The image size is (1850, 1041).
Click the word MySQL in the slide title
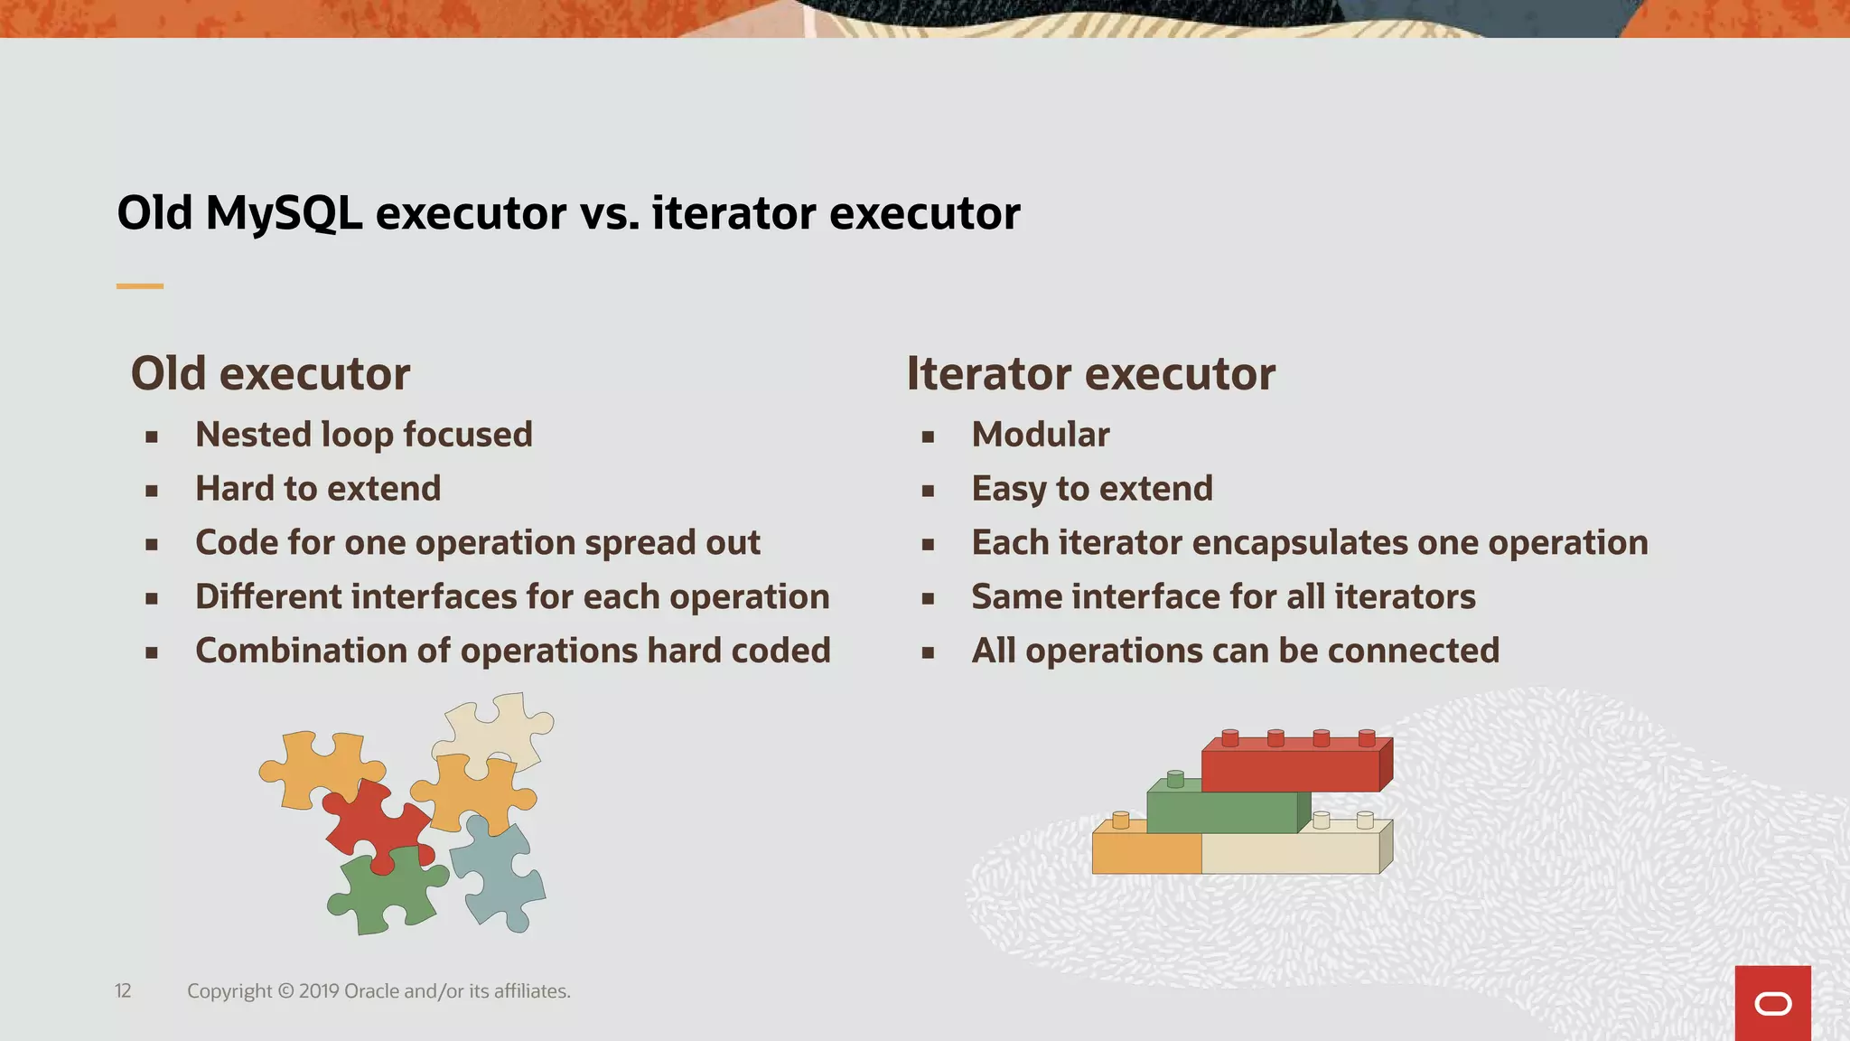(284, 214)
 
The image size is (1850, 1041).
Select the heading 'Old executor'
(270, 374)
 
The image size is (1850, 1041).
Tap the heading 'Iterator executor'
(1090, 374)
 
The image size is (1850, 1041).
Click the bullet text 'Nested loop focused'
(363, 435)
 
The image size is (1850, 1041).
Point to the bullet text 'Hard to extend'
(318, 489)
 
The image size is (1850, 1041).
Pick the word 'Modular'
(1040, 435)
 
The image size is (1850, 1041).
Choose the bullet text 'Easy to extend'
(1091, 489)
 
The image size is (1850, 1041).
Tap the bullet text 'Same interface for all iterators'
(1223, 597)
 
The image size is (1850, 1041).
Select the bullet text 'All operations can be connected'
(1235, 651)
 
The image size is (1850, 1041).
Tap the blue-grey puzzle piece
(499, 872)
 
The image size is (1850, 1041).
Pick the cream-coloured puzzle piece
(495, 727)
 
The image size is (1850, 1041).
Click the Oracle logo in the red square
(1772, 1004)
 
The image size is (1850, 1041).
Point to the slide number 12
(123, 991)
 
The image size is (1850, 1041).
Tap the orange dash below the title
(140, 286)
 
